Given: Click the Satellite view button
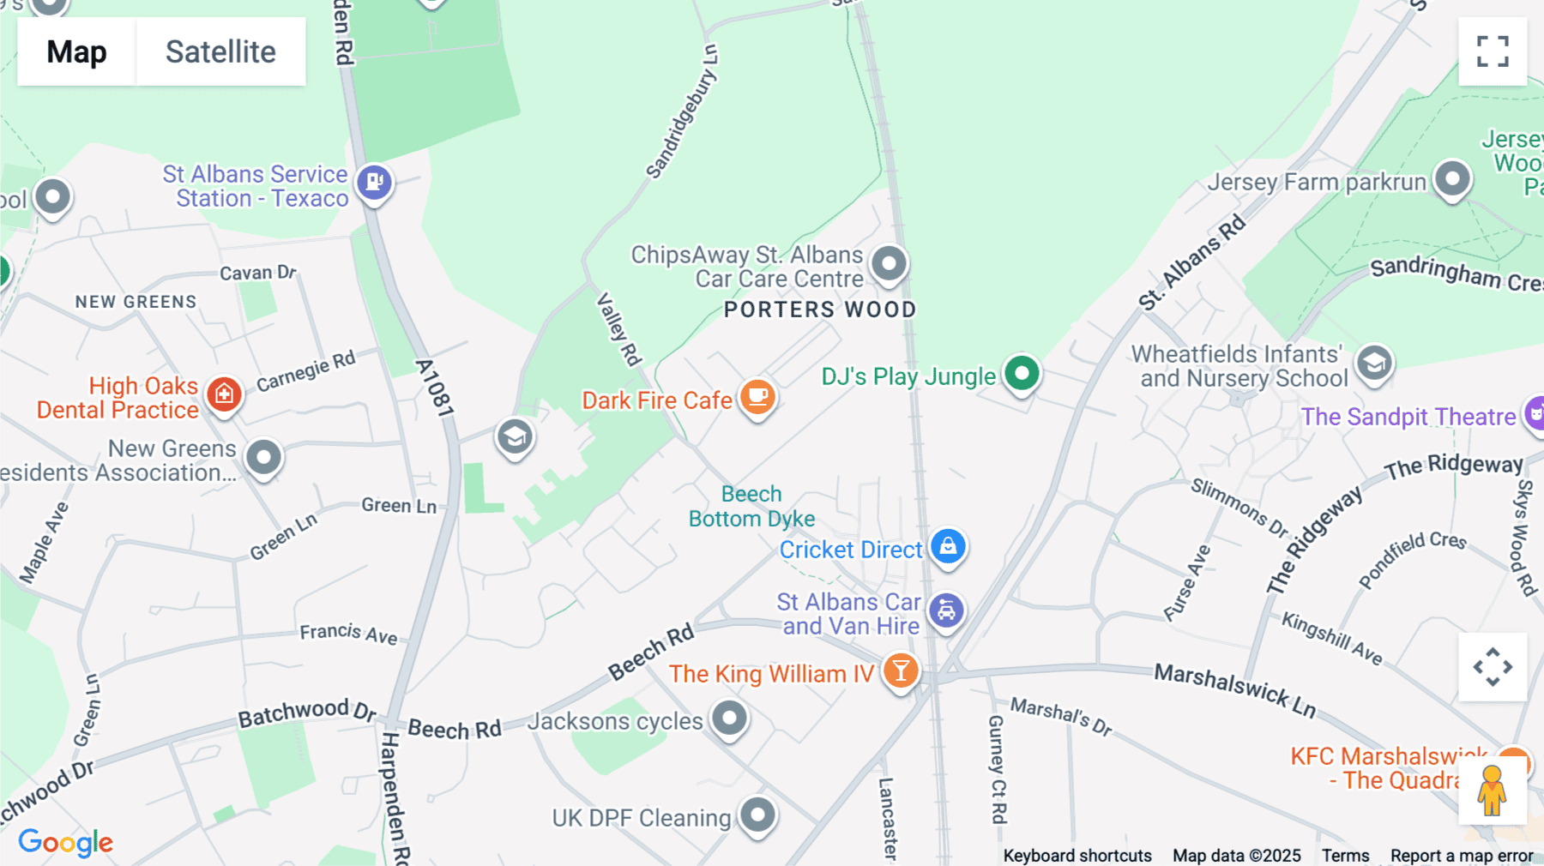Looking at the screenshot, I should click(220, 51).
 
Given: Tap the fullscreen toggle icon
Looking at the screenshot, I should click(1493, 51).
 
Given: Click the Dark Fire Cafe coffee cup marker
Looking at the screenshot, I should click(757, 397).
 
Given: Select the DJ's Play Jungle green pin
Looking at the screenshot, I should click(1022, 374).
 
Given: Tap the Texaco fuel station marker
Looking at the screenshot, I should click(375, 183).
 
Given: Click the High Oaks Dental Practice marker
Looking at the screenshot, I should click(225, 394).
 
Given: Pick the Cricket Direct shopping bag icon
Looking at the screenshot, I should click(948, 546).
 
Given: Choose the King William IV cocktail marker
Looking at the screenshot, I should click(901, 671).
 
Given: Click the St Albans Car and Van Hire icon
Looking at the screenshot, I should click(947, 611).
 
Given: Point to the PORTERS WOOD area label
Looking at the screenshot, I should click(820, 310).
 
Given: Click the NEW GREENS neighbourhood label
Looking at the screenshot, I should click(136, 302).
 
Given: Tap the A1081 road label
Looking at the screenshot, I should click(434, 388).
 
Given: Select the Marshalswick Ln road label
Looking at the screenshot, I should click(1234, 689).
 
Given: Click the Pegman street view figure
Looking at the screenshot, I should click(1492, 791).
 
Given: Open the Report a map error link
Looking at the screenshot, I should click(1462, 856).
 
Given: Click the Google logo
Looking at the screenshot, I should click(66, 842).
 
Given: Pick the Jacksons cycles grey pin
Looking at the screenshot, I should click(730, 718).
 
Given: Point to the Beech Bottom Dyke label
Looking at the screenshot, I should click(751, 506).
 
